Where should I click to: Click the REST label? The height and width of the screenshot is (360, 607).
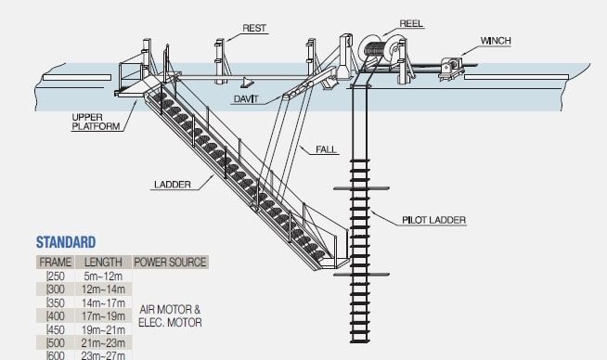pyautogui.click(x=254, y=29)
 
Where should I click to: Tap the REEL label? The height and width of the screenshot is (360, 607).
pyautogui.click(x=411, y=22)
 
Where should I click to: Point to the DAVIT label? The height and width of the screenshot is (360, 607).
pyautogui.click(x=246, y=97)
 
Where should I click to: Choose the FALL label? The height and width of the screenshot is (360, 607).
pyautogui.click(x=327, y=149)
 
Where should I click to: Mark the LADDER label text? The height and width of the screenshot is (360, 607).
pyautogui.click(x=172, y=185)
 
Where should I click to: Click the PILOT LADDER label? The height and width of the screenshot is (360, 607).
pyautogui.click(x=433, y=220)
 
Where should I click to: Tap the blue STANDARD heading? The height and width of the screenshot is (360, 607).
pyautogui.click(x=65, y=243)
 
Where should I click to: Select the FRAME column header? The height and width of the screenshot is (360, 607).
pyautogui.click(x=55, y=262)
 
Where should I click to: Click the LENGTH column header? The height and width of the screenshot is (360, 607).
pyautogui.click(x=102, y=262)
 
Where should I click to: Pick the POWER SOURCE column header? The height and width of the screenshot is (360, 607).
pyautogui.click(x=170, y=262)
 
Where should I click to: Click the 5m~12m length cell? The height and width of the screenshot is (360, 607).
pyautogui.click(x=102, y=276)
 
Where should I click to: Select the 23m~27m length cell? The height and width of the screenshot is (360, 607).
pyautogui.click(x=102, y=354)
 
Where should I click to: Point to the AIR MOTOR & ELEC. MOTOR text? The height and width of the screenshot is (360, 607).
pyautogui.click(x=170, y=315)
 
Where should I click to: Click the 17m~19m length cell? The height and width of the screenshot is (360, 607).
pyautogui.click(x=102, y=315)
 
